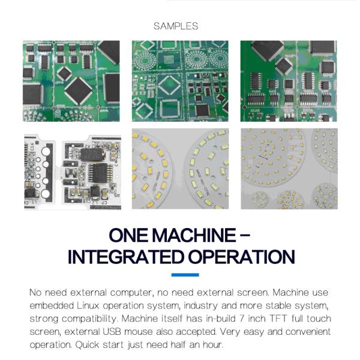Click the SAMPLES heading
pos(176,26)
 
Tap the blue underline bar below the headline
pos(185,275)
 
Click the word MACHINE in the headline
pos(194,235)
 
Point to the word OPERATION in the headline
pos(242,257)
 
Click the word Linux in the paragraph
pos(88,305)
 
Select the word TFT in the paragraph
pos(278,319)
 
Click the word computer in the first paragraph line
pos(131,293)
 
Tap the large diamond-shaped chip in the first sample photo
pos(78,90)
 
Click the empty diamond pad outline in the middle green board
pos(169,85)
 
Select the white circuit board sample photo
pos(73,172)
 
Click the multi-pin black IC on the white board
pos(100,173)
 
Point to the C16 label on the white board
pos(32,146)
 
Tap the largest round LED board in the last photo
pos(273,157)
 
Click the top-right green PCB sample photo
pos(289,81)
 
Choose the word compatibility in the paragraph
pos(89,319)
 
